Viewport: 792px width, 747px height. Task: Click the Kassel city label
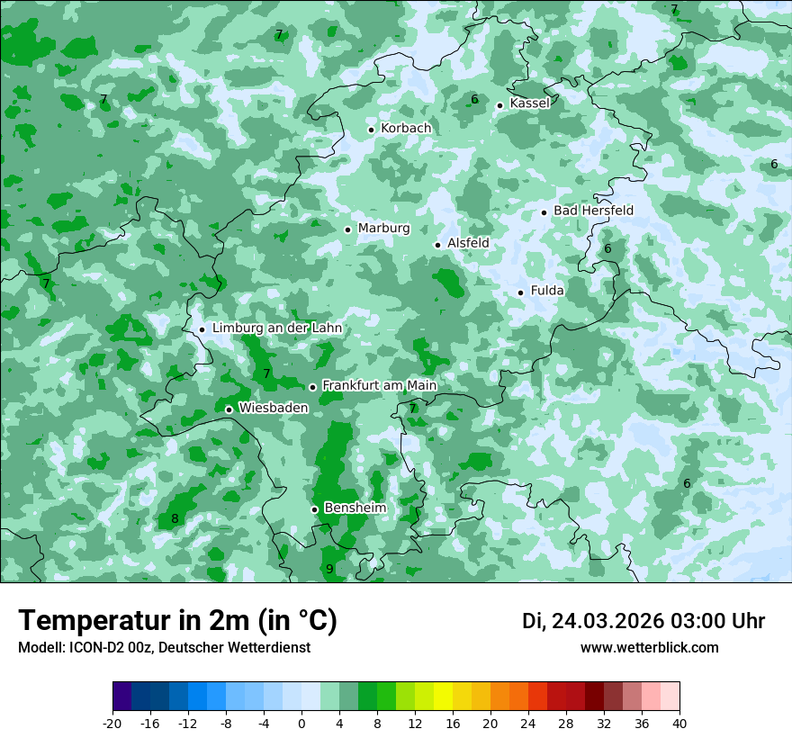pyautogui.click(x=529, y=103)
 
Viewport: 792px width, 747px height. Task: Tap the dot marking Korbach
pyautogui.click(x=371, y=130)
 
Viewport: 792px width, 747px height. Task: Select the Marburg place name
pyautogui.click(x=383, y=229)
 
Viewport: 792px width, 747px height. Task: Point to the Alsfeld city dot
pyautogui.click(x=437, y=245)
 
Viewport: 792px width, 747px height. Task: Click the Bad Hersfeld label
pyautogui.click(x=593, y=211)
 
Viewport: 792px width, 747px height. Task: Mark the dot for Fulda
pyautogui.click(x=520, y=292)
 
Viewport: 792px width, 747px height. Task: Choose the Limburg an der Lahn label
pyautogui.click(x=276, y=328)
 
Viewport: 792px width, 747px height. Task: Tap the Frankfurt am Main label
pyautogui.click(x=379, y=385)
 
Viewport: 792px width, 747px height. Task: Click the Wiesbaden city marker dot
pyautogui.click(x=229, y=409)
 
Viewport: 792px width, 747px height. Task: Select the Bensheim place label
pyautogui.click(x=355, y=508)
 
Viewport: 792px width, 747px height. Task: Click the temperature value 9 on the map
pyautogui.click(x=329, y=569)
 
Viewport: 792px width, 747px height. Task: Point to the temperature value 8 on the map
pyautogui.click(x=175, y=518)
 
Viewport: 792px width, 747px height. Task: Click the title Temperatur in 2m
pyautogui.click(x=177, y=621)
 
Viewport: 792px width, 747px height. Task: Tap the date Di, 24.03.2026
pyautogui.click(x=591, y=621)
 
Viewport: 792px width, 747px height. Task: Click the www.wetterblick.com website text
pyautogui.click(x=649, y=647)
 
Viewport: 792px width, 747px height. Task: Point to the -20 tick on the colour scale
pyautogui.click(x=112, y=723)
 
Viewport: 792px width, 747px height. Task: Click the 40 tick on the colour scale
pyautogui.click(x=679, y=723)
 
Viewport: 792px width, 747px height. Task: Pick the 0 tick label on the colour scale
pyautogui.click(x=301, y=723)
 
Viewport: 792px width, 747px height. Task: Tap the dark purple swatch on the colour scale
pyautogui.click(x=122, y=697)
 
